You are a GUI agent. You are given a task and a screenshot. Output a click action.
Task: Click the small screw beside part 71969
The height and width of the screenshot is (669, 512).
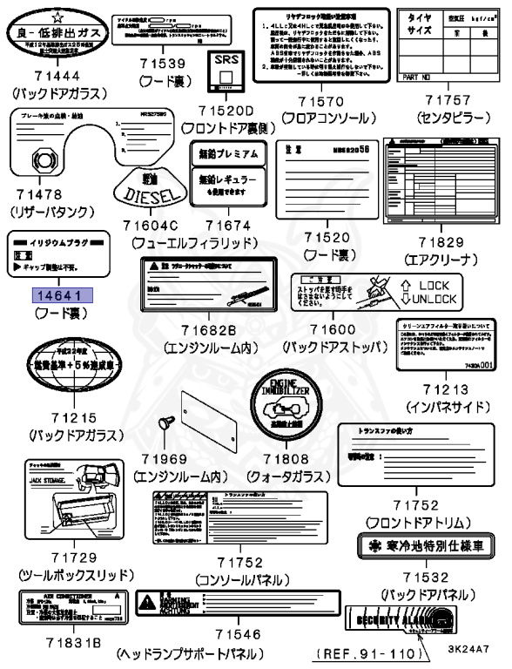[x=162, y=426]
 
